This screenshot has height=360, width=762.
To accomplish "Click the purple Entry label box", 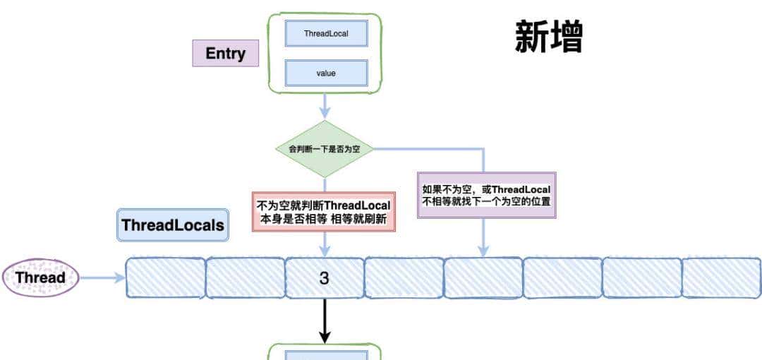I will click(x=226, y=53).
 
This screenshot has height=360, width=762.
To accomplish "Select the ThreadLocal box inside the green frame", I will click(x=326, y=33).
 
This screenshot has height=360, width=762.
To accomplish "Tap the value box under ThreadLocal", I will click(x=326, y=73).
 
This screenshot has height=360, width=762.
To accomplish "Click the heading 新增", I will click(x=549, y=37).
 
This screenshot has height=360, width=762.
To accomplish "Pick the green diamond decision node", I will click(x=324, y=149).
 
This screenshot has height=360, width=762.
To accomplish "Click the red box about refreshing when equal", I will click(x=324, y=211).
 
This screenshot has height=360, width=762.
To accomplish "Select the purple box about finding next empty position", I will click(x=486, y=195).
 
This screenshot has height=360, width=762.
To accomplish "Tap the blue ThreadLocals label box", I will click(x=173, y=225).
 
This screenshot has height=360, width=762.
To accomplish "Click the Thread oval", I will click(x=40, y=277).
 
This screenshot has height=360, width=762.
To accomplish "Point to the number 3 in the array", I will click(x=324, y=278).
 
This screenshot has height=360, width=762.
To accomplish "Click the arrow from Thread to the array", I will click(x=102, y=278).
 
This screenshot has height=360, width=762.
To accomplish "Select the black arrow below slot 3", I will click(x=325, y=321).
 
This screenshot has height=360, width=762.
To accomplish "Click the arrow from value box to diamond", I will click(x=325, y=106).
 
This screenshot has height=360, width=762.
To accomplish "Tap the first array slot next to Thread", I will click(x=165, y=278).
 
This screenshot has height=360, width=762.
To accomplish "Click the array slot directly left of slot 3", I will click(x=245, y=278).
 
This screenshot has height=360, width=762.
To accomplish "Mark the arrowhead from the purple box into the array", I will click(x=483, y=251).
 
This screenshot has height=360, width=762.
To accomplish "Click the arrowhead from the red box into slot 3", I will click(x=325, y=251).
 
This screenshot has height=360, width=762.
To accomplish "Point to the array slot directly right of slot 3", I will click(x=404, y=278).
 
